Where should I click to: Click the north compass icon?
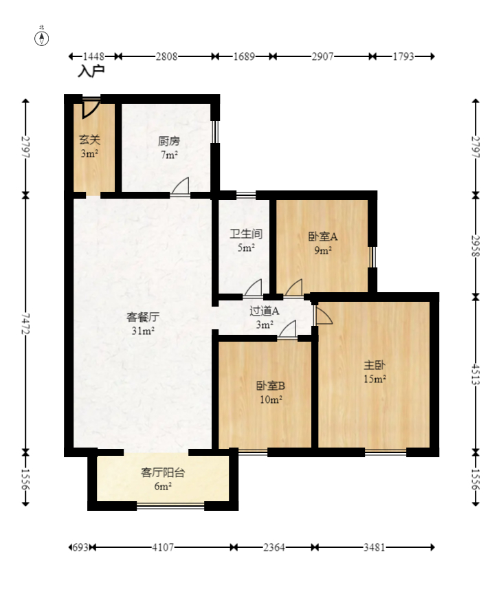point(42,37)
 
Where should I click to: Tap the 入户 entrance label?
point(91,71)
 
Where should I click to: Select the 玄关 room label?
point(89,140)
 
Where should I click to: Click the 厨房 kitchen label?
point(169,141)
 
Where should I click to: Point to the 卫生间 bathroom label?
point(246,234)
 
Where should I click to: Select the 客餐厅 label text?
point(143,317)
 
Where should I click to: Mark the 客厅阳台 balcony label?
point(163,472)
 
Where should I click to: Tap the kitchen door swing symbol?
point(181,186)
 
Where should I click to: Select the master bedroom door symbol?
point(323,314)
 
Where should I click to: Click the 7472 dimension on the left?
point(26,324)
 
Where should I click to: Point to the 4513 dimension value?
point(476,375)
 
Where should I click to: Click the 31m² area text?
point(143,331)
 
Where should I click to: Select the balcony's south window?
point(170,506)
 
